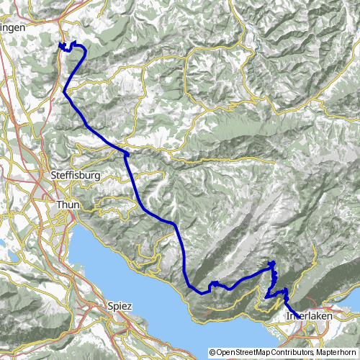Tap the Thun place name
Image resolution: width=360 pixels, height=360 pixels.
[x=68, y=205]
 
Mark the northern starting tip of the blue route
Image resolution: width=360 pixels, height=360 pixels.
[x=59, y=45]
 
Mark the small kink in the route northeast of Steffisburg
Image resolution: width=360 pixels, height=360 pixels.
[x=127, y=153]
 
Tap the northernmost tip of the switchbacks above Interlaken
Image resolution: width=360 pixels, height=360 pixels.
[x=273, y=263]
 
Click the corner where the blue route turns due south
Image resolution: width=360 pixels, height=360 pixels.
[x=174, y=224]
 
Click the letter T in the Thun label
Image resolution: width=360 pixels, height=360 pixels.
[x=58, y=205]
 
